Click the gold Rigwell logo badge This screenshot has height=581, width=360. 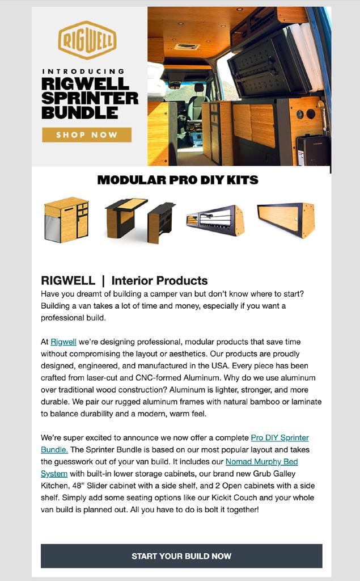87,40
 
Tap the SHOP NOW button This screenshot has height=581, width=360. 87,135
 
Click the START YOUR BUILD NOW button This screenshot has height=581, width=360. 181,556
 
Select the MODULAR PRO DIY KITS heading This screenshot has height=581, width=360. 177,180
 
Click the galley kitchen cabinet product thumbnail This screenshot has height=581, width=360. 66,220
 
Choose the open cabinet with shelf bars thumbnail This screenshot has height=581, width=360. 215,220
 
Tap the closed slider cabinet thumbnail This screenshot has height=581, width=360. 286,220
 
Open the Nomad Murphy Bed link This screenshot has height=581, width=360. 261,462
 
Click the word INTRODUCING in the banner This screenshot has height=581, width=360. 83,71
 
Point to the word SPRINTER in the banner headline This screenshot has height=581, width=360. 90,98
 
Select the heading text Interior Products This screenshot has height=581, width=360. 159,280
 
